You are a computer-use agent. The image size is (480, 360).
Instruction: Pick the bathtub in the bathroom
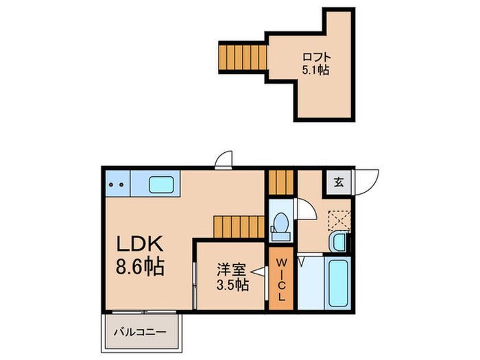point(339,283)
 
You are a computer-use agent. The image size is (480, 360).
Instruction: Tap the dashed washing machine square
point(339,219)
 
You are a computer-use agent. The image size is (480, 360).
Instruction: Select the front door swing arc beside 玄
point(366,182)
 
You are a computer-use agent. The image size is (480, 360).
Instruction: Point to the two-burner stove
point(117,184)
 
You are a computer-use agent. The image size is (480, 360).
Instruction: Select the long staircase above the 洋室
point(238,226)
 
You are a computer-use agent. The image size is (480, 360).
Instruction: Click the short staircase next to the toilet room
point(280,182)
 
